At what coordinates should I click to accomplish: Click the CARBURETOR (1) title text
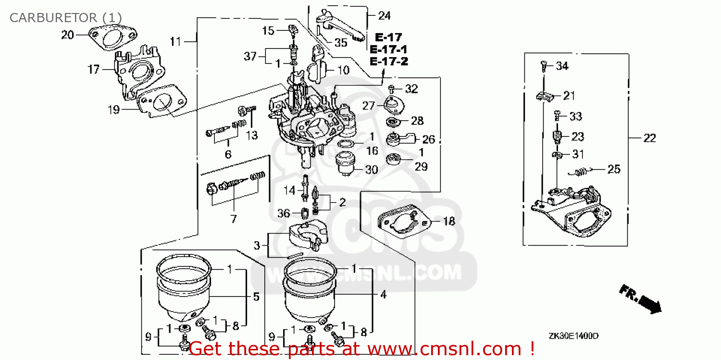pyautogui.click(x=65, y=18)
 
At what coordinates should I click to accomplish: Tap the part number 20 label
pyautogui.click(x=68, y=35)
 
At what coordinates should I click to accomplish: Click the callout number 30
pyautogui.click(x=371, y=169)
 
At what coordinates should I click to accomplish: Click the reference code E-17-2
pyautogui.click(x=388, y=61)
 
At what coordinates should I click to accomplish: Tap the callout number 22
pyautogui.click(x=649, y=138)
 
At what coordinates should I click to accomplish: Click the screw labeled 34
pyautogui.click(x=544, y=65)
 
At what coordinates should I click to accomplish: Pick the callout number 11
pyautogui.click(x=176, y=42)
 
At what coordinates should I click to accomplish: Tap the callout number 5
pyautogui.click(x=256, y=297)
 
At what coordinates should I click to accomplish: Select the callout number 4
pyautogui.click(x=383, y=295)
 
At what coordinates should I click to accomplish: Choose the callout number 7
pyautogui.click(x=233, y=219)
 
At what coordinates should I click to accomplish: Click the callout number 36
pyautogui.click(x=284, y=213)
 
